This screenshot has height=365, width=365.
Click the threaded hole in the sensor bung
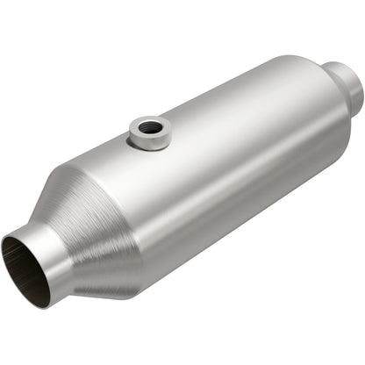tap(150, 128)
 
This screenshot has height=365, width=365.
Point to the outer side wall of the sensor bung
tap(148, 141)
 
